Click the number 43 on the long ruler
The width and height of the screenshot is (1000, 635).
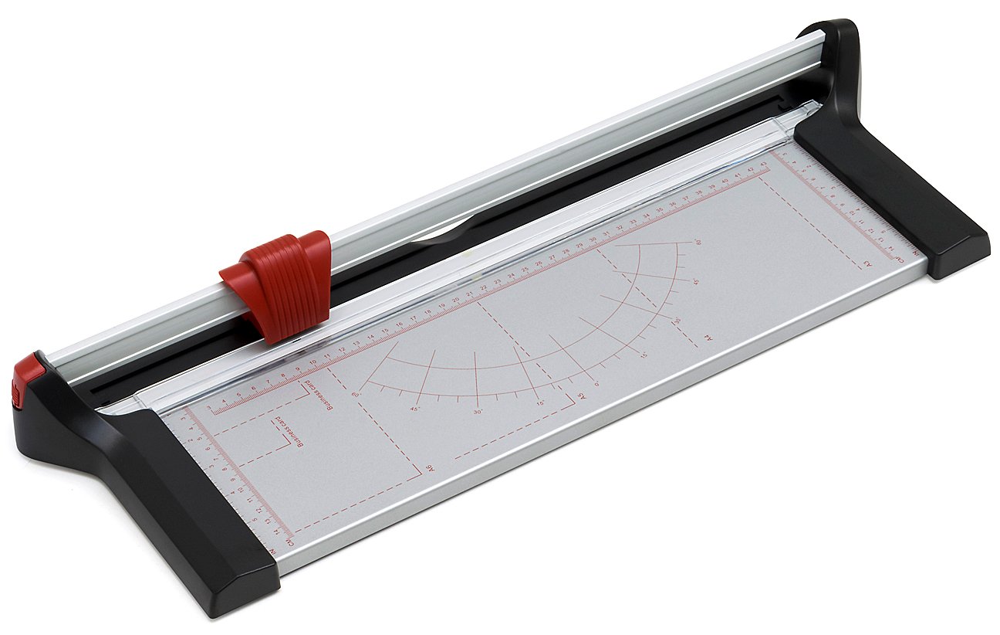click(764, 164)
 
